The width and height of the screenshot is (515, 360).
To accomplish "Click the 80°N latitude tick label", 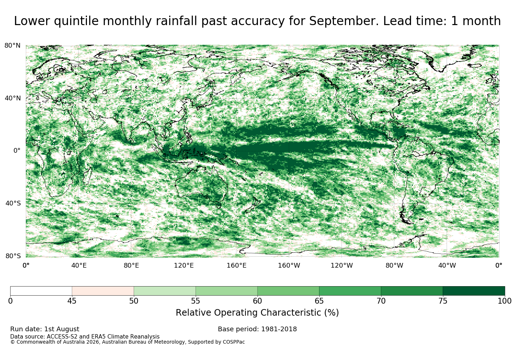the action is [x=12, y=45].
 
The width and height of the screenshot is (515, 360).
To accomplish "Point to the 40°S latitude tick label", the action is [x=13, y=203].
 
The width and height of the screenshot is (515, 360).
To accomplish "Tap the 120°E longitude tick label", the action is [x=184, y=265].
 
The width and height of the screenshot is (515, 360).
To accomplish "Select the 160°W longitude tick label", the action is [x=289, y=265].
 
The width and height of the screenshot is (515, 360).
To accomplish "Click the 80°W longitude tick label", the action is [x=394, y=265].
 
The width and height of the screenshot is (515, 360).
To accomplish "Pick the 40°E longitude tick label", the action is [x=79, y=265].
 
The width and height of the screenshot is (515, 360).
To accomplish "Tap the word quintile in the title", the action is [x=76, y=21].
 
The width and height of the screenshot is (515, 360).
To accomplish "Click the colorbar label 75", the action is [x=443, y=301].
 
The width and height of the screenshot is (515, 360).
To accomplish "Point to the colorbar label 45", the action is [x=72, y=301].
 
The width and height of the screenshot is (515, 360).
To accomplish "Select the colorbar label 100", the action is [x=505, y=301].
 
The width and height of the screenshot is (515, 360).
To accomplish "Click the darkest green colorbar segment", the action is [x=474, y=291].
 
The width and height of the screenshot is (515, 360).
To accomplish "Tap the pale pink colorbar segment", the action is [x=103, y=291].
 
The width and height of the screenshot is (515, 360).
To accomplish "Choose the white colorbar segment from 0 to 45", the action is [x=41, y=291].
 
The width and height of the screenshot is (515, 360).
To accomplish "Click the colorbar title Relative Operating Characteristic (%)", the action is [x=257, y=313].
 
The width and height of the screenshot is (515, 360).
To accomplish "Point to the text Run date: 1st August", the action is [x=45, y=329].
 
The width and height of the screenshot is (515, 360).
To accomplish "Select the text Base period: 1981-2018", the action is [x=257, y=329].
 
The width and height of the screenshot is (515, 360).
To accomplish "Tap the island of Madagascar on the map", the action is [x=87, y=176].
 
